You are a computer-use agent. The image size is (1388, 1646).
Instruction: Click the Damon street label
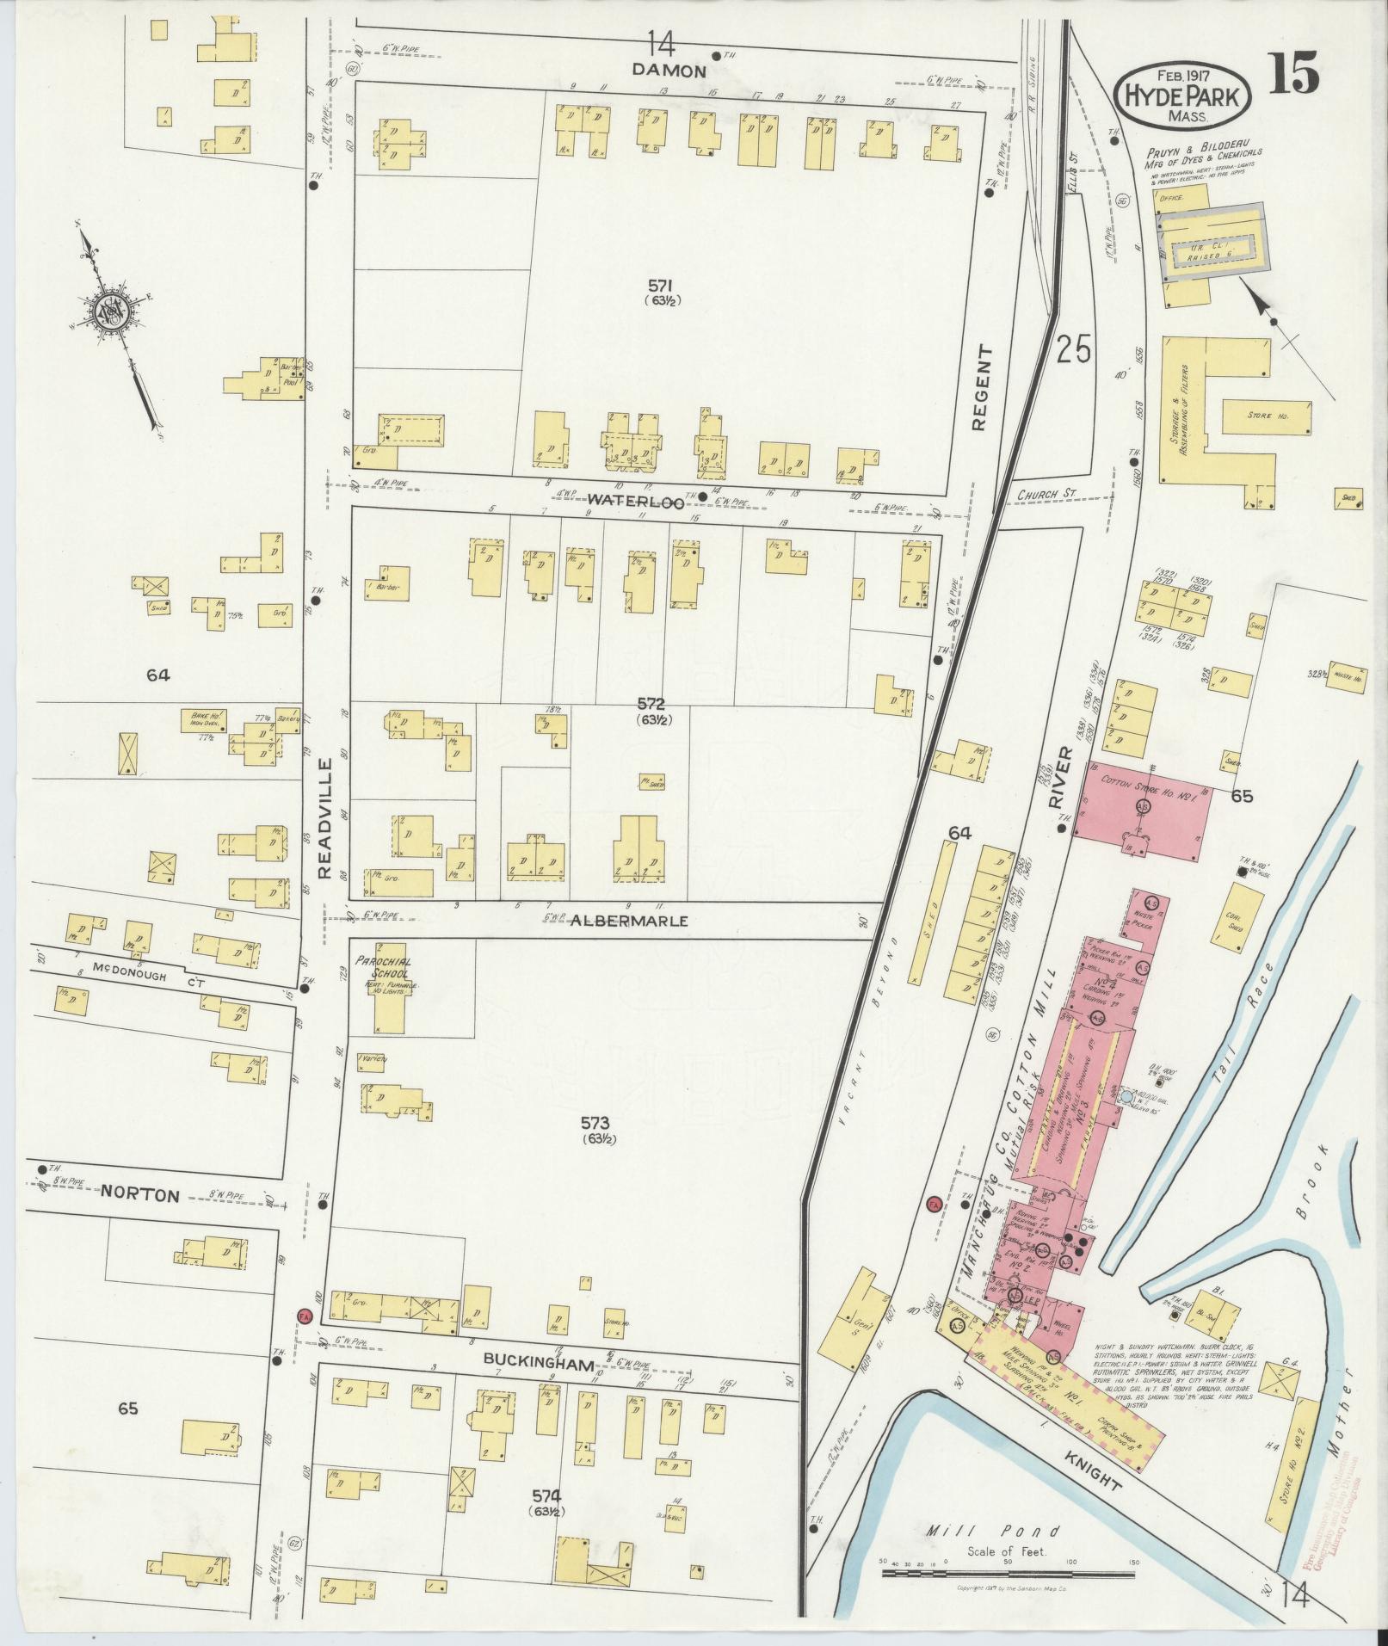tap(669, 71)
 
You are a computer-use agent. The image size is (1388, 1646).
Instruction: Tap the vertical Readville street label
tap(325, 818)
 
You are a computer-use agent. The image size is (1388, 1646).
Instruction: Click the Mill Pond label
tap(994, 1531)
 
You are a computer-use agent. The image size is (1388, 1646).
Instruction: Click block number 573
tap(595, 1123)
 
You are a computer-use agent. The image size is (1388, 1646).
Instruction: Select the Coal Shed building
tap(1237, 920)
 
